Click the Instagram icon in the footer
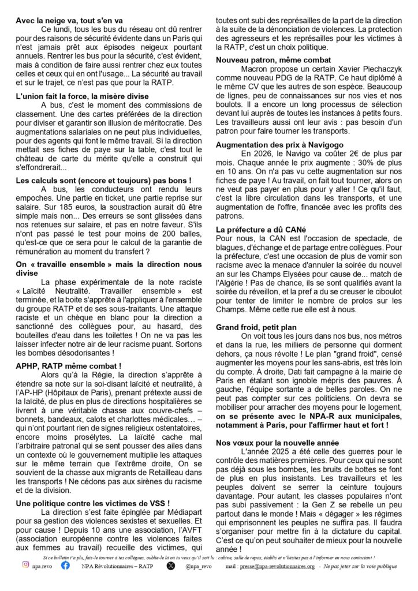click(26, 566)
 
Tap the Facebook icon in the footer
click(65, 566)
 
